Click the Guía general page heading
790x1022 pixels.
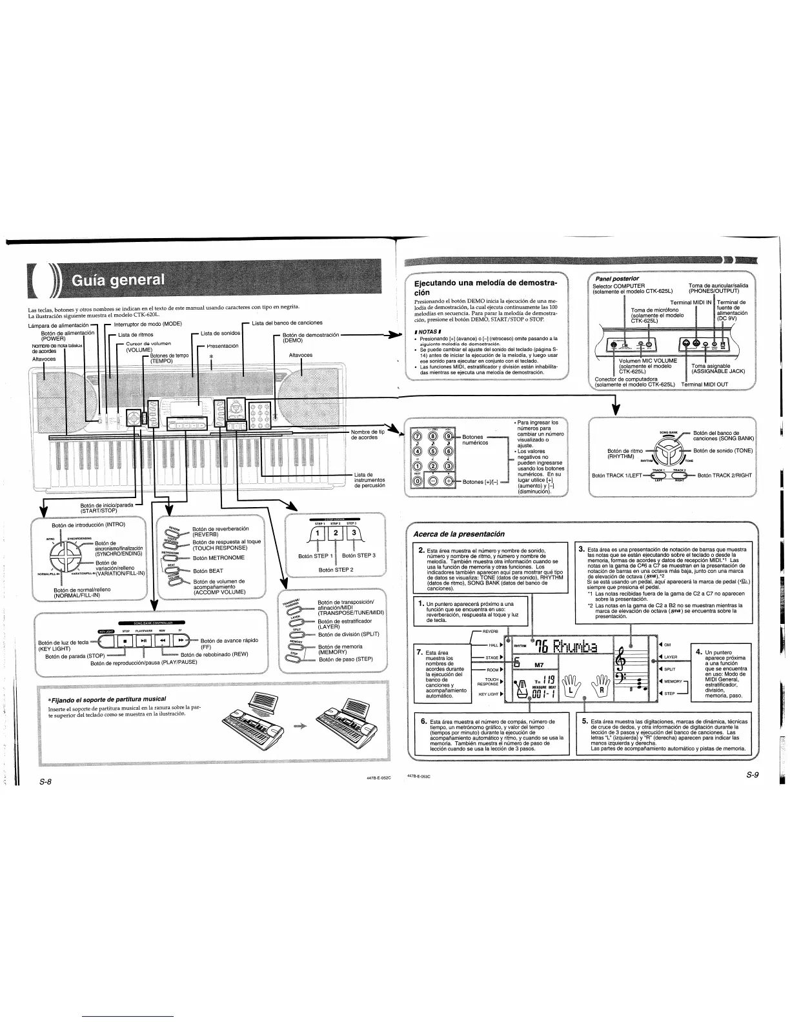(117, 281)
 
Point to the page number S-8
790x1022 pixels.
(45, 782)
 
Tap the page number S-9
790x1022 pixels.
(751, 776)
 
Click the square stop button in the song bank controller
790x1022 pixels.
(125, 641)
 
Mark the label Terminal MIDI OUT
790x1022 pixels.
(705, 384)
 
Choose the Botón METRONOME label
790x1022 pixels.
(218, 557)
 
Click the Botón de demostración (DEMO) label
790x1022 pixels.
(310, 337)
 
